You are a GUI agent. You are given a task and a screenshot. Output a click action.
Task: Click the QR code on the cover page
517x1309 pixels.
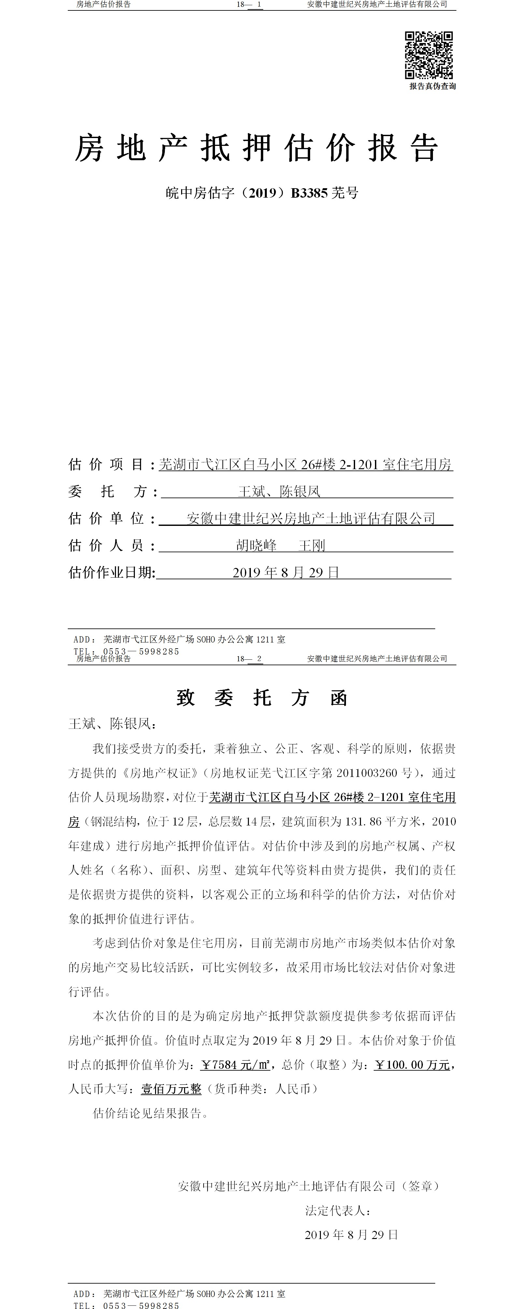(x=428, y=55)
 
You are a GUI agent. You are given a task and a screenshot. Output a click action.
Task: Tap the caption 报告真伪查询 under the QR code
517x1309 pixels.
(x=433, y=86)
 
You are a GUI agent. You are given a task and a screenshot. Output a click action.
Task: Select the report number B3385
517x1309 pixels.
(x=309, y=193)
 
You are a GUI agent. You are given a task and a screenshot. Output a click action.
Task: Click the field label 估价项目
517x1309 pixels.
(x=106, y=464)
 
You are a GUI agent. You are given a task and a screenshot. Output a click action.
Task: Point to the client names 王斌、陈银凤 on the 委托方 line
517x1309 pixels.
(x=279, y=491)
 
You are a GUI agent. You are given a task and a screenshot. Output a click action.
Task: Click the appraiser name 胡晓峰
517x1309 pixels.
(x=256, y=546)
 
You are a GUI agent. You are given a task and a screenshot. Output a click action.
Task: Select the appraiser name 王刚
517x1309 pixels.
(x=312, y=546)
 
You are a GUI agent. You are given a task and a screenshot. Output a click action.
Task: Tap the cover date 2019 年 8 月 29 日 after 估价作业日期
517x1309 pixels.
(x=286, y=573)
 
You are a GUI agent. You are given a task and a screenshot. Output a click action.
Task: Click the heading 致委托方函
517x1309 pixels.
(x=262, y=698)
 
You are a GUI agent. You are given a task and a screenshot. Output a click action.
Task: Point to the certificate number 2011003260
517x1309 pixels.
(x=366, y=773)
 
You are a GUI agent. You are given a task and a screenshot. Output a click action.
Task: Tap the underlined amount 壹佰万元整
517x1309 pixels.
(x=171, y=1089)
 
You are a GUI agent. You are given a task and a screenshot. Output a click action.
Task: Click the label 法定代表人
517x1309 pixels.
(x=337, y=1211)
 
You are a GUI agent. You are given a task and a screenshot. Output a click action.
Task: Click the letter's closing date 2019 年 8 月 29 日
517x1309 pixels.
(x=351, y=1235)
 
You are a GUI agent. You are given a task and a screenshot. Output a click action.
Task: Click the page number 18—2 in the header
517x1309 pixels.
(x=249, y=658)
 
